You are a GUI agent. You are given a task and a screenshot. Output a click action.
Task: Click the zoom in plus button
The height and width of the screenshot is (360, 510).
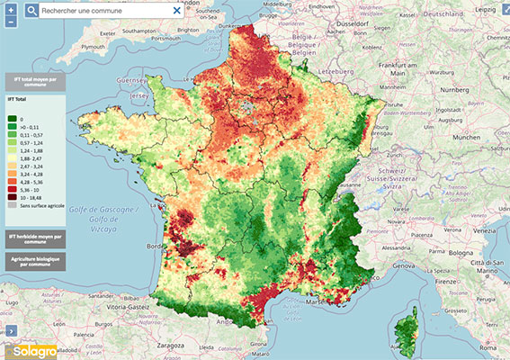(x=10, y=10)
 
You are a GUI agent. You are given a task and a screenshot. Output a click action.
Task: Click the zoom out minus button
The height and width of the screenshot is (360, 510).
(x=10, y=22)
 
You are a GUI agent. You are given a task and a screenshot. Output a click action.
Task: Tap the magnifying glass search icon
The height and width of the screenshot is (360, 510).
(x=31, y=11)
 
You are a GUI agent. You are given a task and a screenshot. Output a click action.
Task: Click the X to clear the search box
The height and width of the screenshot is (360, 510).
(x=175, y=11)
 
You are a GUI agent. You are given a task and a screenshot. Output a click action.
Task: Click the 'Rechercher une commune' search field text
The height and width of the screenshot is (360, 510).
(x=90, y=11)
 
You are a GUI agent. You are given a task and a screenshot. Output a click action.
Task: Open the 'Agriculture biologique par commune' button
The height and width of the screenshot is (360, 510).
(x=36, y=261)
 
